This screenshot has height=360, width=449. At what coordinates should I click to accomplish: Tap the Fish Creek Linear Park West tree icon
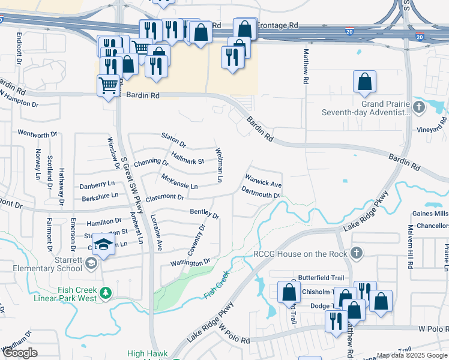click(106, 293)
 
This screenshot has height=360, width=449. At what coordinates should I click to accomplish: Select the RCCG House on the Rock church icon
click(357, 253)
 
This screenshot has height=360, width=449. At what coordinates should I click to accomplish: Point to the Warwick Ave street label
click(263, 180)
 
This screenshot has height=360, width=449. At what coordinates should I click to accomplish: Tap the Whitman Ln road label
click(219, 166)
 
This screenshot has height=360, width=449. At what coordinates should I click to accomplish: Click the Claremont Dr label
click(164, 197)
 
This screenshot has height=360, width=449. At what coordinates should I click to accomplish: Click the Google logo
click(19, 353)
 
